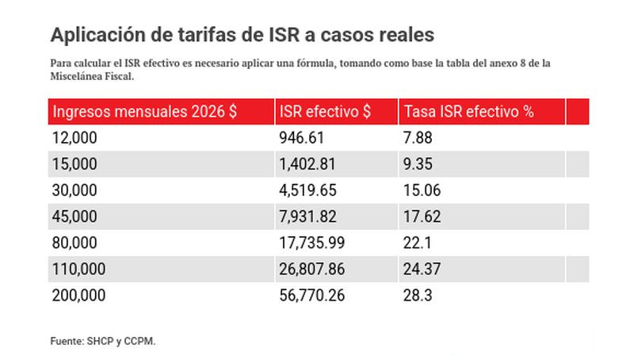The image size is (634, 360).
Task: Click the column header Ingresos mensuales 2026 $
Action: (145, 112)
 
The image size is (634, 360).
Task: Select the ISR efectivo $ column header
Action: (325, 112)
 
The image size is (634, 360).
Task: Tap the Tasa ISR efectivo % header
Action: (468, 112)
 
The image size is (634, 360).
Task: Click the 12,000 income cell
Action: (74, 138)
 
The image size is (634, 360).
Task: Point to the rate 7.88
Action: (418, 138)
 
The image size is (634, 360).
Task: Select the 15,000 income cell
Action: (74, 164)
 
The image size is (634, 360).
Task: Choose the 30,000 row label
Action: (74, 190)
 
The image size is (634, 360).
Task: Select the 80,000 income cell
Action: (74, 243)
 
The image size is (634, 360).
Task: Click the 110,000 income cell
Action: (78, 269)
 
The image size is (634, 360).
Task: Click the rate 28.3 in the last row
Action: (417, 295)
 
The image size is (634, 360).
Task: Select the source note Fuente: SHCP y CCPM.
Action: (103, 340)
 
